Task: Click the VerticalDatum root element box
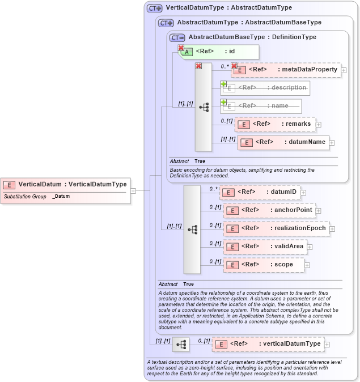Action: click(x=65, y=184)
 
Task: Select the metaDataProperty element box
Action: click(x=286, y=70)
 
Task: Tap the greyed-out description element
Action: click(x=265, y=88)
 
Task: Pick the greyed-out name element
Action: click(x=261, y=106)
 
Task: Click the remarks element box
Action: click(x=275, y=124)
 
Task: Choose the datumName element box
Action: click(x=283, y=142)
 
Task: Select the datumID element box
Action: click(x=260, y=192)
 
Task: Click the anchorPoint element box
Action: click(x=269, y=210)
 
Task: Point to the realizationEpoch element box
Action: click(x=276, y=228)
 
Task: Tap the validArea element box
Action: click(x=266, y=247)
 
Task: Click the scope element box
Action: click(x=264, y=265)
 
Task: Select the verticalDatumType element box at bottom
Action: click(x=268, y=344)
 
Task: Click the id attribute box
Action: click(x=219, y=52)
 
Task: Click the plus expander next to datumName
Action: click(x=332, y=143)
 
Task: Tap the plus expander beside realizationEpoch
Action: click(x=332, y=229)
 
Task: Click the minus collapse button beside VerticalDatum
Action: click(x=133, y=191)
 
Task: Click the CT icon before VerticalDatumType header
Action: click(x=154, y=9)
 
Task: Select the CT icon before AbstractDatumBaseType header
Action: click(x=177, y=37)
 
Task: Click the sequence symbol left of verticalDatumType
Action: click(x=181, y=345)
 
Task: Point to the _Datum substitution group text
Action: click(x=61, y=196)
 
